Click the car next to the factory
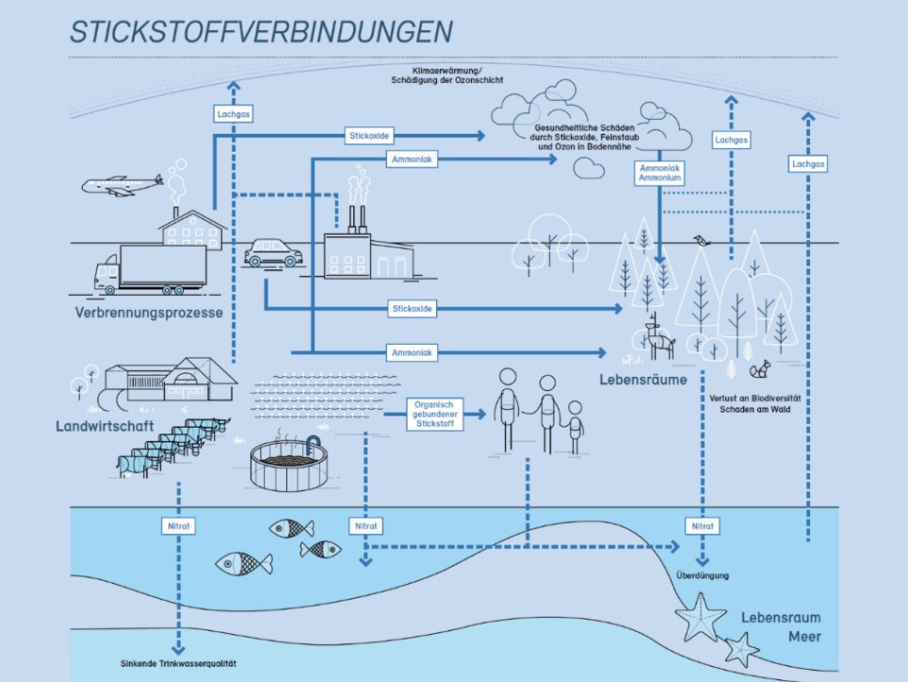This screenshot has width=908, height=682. tap(273, 252)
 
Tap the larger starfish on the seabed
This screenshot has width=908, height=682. tap(701, 617)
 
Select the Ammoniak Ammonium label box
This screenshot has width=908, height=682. tap(660, 172)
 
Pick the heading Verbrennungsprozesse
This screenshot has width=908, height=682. tap(150, 313)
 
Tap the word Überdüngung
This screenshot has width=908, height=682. tap(702, 575)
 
